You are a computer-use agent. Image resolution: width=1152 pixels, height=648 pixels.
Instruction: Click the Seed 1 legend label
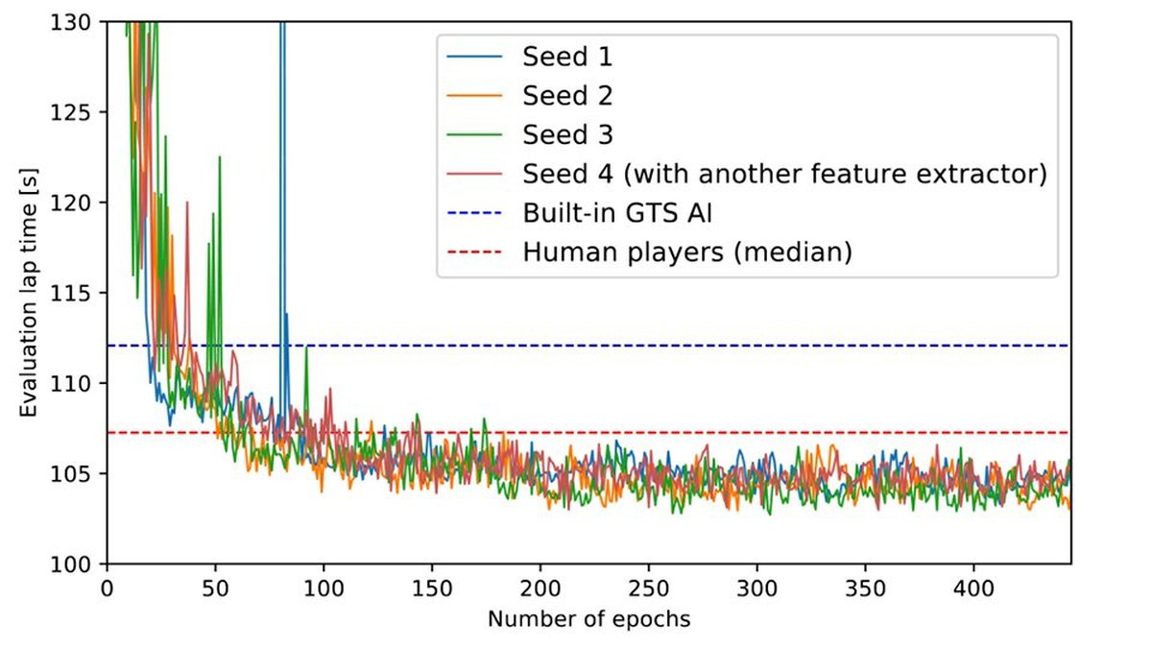567,57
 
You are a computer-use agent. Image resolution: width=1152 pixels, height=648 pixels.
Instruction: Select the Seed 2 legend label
567,96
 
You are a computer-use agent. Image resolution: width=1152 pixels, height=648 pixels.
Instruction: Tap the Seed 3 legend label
567,135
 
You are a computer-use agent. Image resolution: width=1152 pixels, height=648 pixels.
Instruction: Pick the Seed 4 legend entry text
783,175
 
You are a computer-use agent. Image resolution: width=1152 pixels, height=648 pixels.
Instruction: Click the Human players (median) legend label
687,253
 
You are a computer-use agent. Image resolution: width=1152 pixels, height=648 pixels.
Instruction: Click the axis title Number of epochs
588,619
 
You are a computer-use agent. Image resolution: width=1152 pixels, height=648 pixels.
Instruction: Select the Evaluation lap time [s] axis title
31,293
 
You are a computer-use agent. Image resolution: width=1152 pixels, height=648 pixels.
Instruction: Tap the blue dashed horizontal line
672,346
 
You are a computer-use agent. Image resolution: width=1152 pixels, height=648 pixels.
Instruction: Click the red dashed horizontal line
672,433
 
